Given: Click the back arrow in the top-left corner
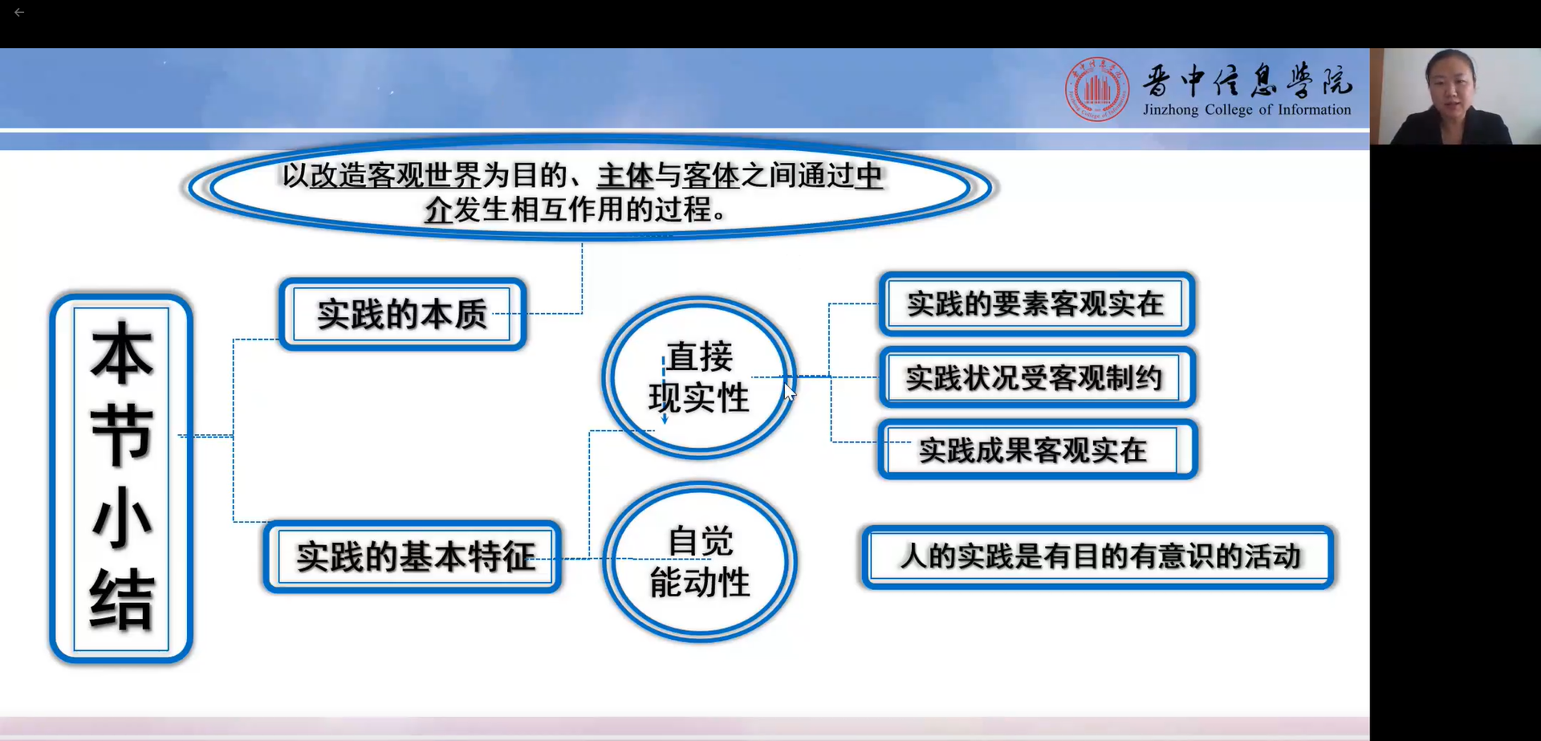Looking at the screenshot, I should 19,13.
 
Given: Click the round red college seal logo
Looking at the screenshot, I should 1096,89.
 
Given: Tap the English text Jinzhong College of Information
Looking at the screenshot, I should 1246,110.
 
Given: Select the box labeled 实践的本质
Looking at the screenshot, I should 402,314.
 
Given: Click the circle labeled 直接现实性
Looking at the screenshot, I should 698,377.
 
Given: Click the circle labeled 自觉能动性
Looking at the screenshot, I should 699,562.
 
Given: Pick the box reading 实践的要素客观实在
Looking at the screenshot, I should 1035,304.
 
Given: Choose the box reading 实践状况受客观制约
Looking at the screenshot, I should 1035,377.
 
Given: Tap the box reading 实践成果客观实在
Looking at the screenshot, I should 1035,450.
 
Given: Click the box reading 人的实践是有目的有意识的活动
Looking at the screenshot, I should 1098,556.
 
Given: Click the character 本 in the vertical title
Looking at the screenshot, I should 121,353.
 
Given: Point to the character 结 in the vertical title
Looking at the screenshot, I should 121,600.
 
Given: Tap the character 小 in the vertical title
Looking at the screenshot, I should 121,518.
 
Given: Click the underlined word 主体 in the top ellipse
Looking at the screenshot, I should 624,176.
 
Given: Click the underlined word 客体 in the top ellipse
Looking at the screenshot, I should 711,176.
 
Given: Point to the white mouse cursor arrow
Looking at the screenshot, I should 789,392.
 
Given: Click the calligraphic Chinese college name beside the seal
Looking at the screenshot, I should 1246,81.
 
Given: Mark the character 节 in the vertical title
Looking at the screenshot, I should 121,435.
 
